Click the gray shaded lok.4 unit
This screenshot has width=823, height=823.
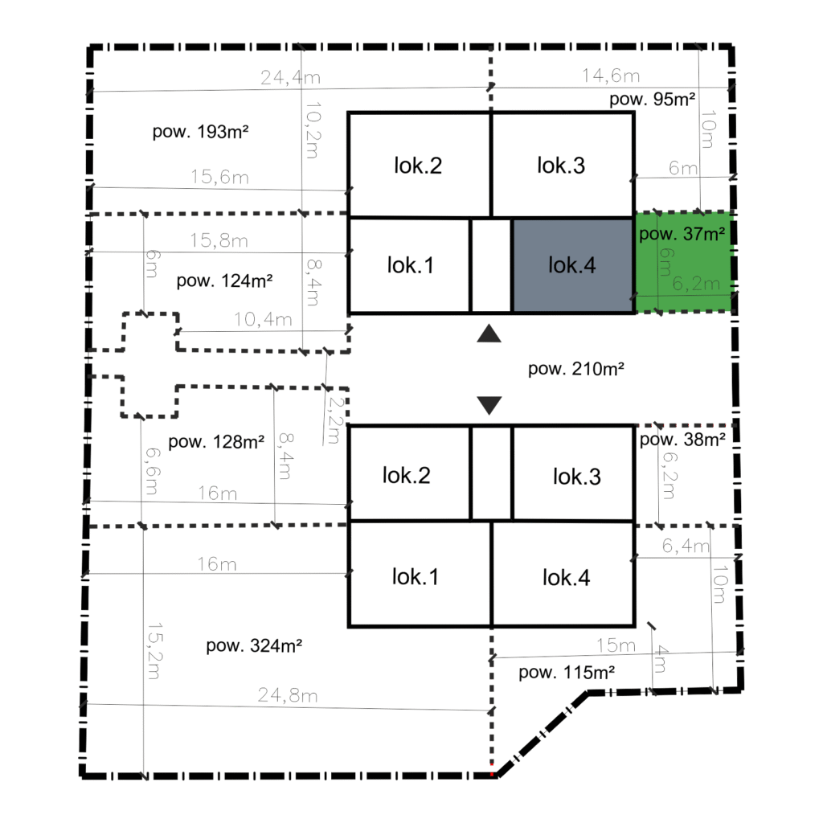point(572,265)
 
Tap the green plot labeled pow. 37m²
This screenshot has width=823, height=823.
point(683,262)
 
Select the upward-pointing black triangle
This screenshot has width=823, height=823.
point(489,334)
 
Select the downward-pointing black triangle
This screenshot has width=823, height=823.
point(489,405)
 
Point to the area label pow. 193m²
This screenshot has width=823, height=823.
point(200,131)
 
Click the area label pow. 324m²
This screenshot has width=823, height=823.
point(254,645)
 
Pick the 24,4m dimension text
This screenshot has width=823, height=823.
point(290,78)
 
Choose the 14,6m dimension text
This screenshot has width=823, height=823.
point(611,76)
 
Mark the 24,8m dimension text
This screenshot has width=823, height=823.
point(288,695)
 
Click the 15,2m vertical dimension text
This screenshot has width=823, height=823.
point(154,651)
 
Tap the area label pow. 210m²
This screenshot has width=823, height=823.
point(575,368)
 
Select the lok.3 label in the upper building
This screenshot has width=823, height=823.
point(560,166)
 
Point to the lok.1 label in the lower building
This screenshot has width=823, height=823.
point(416,577)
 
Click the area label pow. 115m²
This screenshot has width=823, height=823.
point(567,672)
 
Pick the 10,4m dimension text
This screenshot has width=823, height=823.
point(263,319)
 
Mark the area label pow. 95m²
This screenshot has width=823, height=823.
point(653,99)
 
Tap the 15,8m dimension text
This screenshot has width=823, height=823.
point(219,240)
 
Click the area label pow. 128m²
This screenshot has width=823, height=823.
point(216,442)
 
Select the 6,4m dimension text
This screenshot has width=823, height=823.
point(686,546)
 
